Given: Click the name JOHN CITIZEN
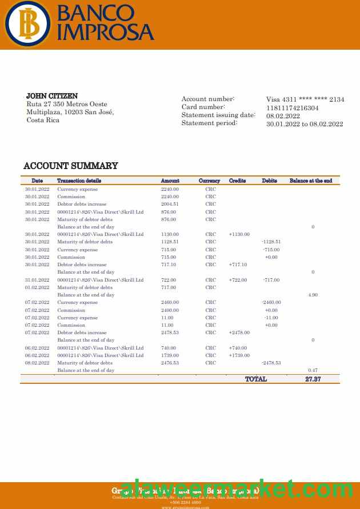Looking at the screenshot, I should [52, 96].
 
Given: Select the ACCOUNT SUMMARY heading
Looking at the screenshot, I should [71, 166].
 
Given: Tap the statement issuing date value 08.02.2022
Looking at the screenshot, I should [283, 115].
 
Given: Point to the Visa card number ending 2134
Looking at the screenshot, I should [305, 99].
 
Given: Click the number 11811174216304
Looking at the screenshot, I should [293, 107].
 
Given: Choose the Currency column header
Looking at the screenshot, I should [209, 181].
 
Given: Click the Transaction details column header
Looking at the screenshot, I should [79, 181].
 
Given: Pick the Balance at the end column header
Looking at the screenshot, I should [311, 181].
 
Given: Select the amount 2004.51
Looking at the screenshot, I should [170, 204].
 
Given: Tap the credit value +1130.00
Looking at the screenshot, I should [239, 234].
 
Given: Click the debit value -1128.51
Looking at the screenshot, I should [271, 242].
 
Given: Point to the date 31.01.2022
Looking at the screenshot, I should [37, 280].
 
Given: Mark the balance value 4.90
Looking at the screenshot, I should [313, 295].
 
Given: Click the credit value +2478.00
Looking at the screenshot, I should [239, 332].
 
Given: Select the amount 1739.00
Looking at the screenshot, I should [170, 355].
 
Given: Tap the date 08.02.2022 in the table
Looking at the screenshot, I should [37, 363].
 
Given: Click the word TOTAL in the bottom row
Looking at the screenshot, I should [255, 379].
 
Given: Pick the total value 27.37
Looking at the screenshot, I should [313, 379].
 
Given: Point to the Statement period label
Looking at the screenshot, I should [209, 123].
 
